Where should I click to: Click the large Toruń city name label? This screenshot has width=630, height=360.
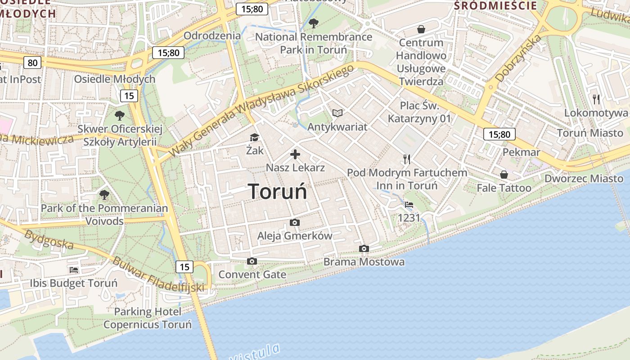click(278, 191)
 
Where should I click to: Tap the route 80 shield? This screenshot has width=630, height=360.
click(33, 63)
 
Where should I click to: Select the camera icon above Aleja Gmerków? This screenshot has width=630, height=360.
click(295, 222)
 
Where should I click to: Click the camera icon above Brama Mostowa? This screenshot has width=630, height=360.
click(364, 248)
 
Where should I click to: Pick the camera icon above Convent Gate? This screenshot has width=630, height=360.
click(252, 261)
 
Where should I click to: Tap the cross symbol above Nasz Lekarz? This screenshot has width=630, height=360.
click(295, 154)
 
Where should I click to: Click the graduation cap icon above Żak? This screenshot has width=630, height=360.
click(255, 137)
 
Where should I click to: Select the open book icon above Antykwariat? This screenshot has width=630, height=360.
click(337, 113)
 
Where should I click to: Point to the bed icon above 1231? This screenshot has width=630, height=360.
click(409, 205)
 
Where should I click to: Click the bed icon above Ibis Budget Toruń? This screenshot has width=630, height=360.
click(74, 270)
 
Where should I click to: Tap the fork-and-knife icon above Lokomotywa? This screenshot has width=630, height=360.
click(596, 99)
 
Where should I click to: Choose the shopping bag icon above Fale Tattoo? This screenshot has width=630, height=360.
click(504, 174)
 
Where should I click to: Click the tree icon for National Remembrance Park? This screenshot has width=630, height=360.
click(314, 23)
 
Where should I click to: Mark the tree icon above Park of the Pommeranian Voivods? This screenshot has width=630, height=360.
click(104, 195)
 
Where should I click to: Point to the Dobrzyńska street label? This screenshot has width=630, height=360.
click(518, 58)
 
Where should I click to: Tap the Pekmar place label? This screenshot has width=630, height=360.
click(521, 152)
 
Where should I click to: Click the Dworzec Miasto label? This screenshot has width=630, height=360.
click(584, 179)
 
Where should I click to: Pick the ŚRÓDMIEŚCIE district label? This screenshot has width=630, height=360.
click(495, 5)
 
